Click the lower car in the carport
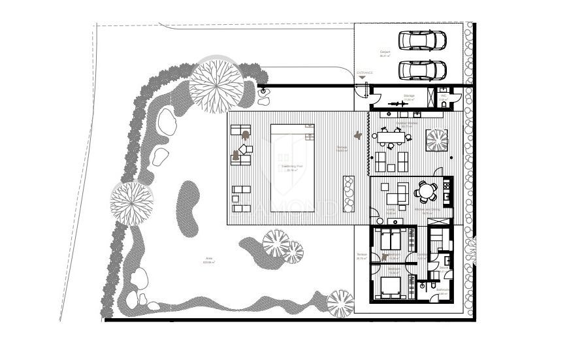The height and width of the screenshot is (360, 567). pos(423,68)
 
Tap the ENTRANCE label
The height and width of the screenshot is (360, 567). pos(364,73)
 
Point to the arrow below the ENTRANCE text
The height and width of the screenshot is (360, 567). pos(363,78)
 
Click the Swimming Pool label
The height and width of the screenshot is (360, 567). pos(291,167)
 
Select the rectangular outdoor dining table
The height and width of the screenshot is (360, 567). pos(392,136)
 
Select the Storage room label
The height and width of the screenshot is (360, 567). pos(409,96)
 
